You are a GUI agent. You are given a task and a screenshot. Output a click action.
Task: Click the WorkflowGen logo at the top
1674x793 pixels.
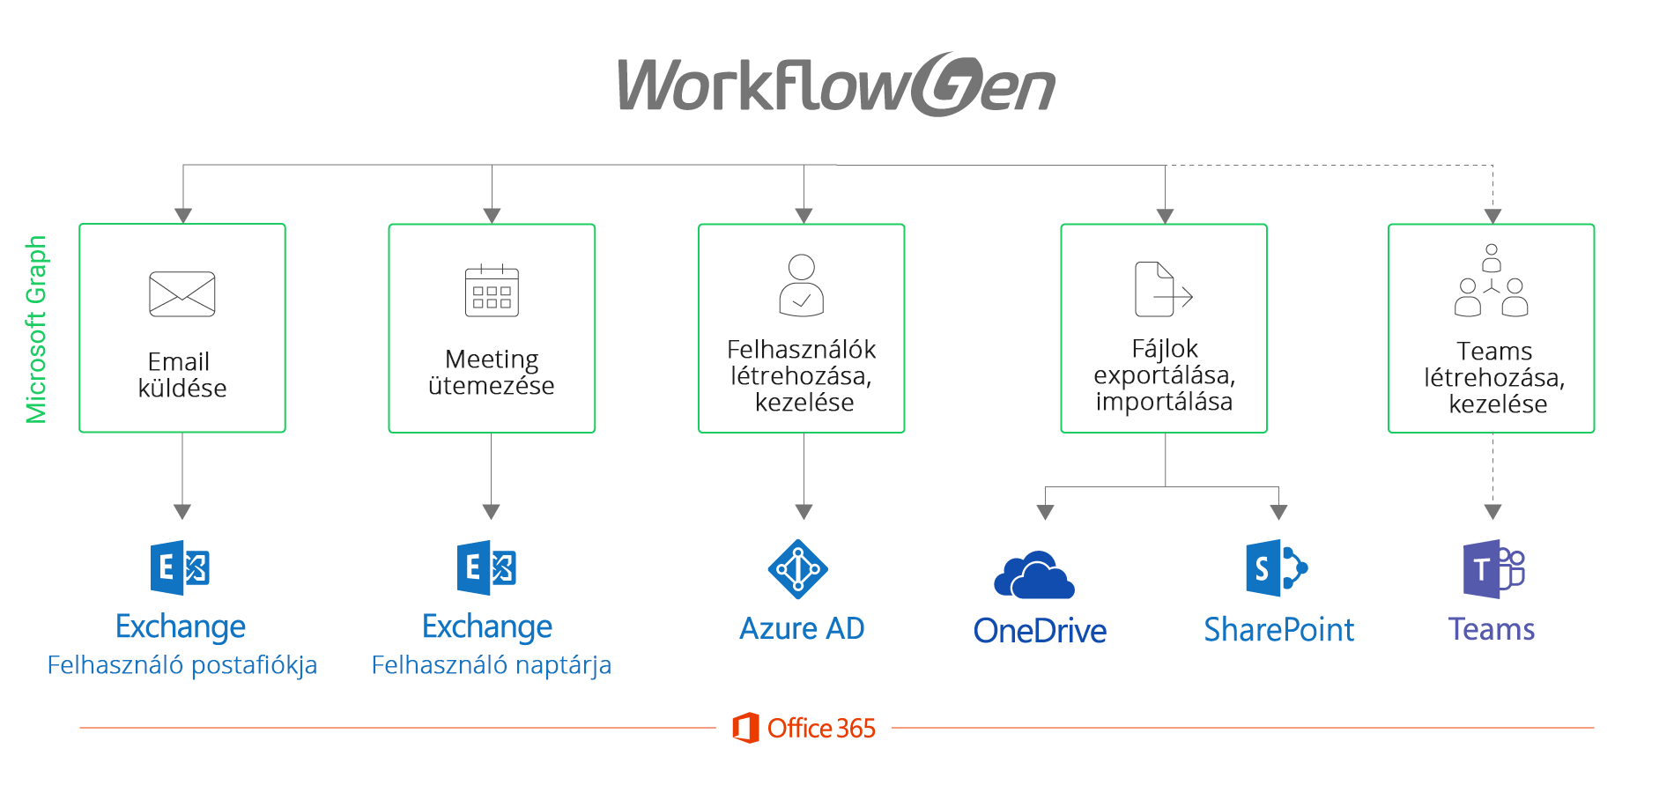pos(835,85)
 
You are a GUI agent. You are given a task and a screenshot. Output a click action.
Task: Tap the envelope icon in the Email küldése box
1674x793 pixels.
pos(182,293)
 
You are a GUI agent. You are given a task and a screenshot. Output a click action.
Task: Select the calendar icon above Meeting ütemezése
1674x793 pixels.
pos(492,291)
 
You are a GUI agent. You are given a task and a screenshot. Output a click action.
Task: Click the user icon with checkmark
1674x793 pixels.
pos(802,285)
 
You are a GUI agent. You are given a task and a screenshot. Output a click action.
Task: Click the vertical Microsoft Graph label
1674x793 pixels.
pos(36,329)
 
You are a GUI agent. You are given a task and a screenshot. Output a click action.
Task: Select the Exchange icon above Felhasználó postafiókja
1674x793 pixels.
pos(180,567)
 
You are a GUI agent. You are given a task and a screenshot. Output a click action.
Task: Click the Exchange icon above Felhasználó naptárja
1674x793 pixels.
pos(486,567)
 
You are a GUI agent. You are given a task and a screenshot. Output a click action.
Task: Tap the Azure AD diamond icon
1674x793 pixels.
pos(798,569)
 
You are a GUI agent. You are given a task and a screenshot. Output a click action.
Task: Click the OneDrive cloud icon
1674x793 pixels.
pos(1034,576)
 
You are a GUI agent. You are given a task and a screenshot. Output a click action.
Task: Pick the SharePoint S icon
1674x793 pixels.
pos(1276,567)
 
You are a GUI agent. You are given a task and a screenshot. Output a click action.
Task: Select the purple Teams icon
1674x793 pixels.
pos(1493,569)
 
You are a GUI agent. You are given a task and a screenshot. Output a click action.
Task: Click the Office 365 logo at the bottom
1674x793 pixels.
pos(804,728)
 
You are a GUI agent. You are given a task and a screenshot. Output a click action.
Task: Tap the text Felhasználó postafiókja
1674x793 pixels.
pos(182,664)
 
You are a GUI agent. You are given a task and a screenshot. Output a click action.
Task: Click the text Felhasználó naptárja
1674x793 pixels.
pos(491,664)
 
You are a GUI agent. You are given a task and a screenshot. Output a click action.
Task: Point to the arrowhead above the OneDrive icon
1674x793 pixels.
pos(1046,512)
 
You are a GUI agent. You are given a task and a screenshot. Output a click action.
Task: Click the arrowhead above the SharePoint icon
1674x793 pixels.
pos(1279,512)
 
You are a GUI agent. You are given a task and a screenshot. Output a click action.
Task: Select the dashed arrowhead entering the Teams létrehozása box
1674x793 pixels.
pos(1493,216)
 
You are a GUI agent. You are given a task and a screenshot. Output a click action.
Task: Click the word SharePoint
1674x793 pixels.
pos(1278,629)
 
